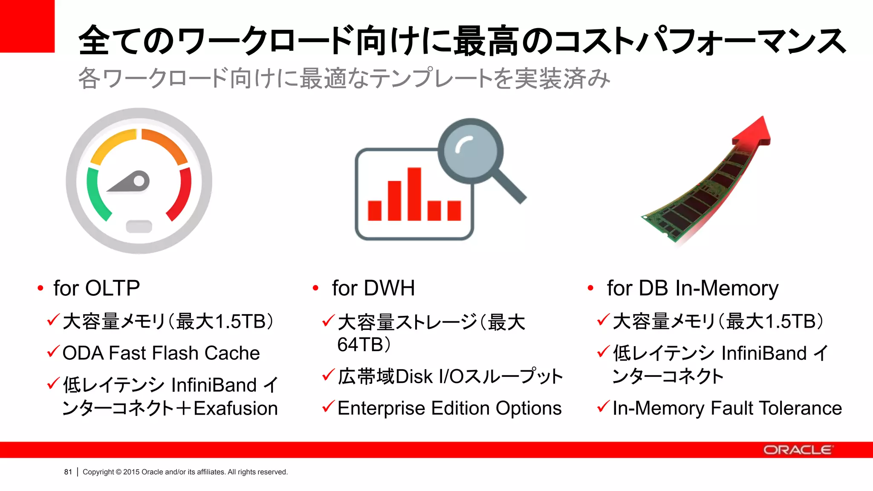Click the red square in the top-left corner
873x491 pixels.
27,26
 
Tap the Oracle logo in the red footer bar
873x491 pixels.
798,450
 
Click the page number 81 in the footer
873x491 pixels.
68,472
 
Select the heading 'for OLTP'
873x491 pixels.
96,288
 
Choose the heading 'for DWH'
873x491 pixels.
373,288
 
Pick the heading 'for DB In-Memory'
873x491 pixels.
692,288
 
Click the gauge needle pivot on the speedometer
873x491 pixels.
139,182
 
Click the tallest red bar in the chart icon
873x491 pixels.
414,194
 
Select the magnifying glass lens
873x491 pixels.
471,151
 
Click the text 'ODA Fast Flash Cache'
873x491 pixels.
161,353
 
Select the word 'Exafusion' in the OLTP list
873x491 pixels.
236,408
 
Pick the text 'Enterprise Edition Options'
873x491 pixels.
449,408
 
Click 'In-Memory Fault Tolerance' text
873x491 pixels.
727,408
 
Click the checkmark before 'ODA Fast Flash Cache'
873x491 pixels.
53,352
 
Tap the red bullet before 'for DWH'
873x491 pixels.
315,289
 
